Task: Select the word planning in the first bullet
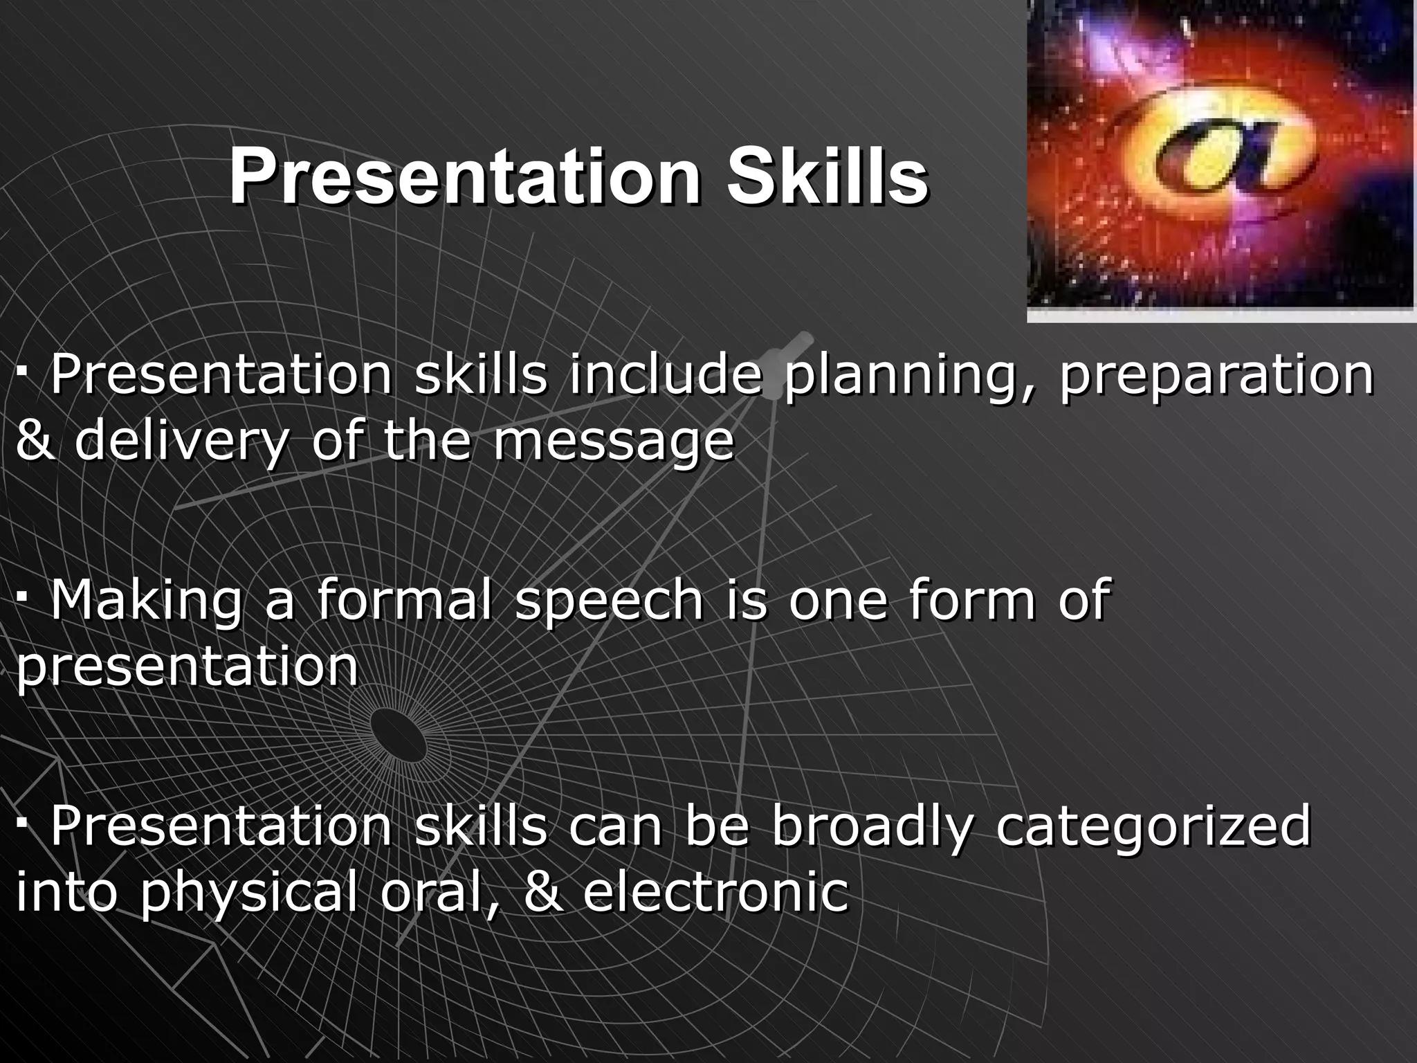tap(912, 376)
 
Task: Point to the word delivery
tap(179, 443)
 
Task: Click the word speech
tap(609, 601)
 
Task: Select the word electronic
tap(715, 892)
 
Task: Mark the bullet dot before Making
tap(23, 594)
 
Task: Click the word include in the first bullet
tap(666, 376)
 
